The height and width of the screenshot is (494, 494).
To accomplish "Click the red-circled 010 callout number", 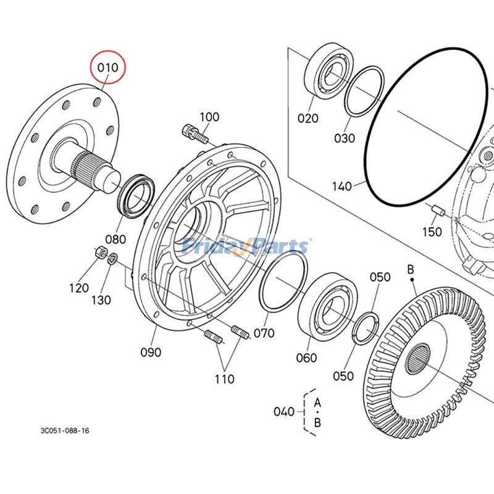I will click(x=108, y=68).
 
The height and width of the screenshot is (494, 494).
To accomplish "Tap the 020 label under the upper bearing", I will click(x=308, y=119).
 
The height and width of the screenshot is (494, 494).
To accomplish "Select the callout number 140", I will click(x=341, y=185).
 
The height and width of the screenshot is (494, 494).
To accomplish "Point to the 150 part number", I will click(x=432, y=232).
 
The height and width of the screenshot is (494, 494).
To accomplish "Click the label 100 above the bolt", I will click(x=209, y=117).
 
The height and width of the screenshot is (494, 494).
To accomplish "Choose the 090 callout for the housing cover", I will click(x=150, y=352).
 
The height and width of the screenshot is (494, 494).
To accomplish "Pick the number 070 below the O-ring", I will click(x=264, y=333).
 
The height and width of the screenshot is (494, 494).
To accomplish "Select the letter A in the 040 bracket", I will click(x=317, y=402).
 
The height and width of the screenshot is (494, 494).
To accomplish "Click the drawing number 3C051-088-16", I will click(x=65, y=430).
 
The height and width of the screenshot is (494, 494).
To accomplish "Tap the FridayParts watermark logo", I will click(x=246, y=246).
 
